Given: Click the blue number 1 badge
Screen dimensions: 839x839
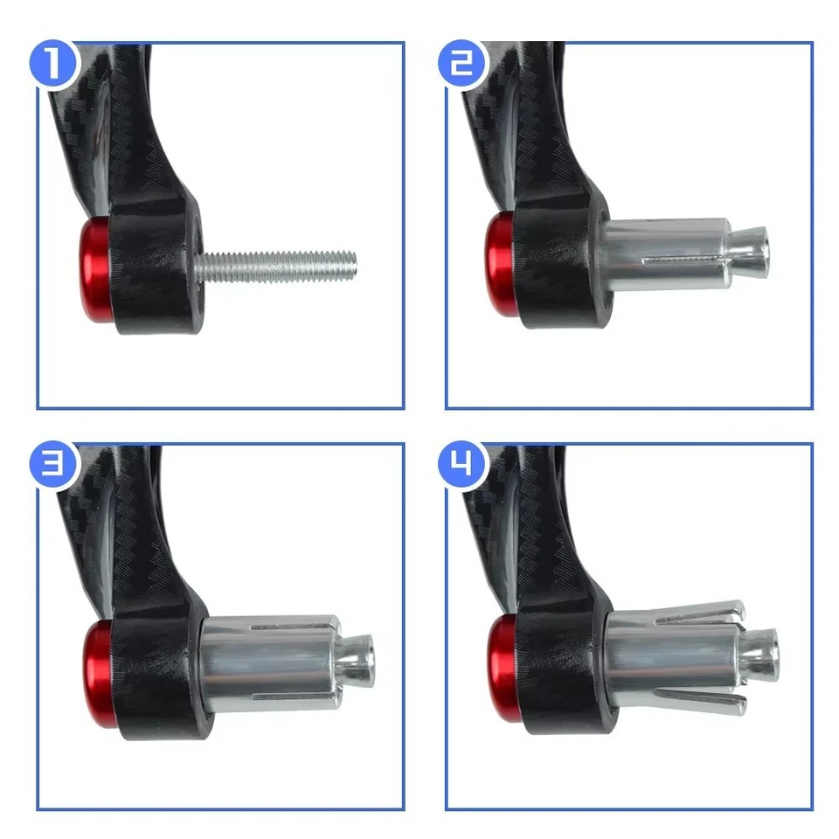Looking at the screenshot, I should pyautogui.click(x=53, y=63).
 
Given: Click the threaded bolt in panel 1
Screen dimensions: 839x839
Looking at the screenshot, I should pyautogui.click(x=280, y=263).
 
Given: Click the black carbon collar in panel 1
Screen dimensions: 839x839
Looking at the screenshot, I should pyautogui.click(x=157, y=271).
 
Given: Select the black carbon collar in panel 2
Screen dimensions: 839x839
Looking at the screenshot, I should pyautogui.click(x=559, y=262).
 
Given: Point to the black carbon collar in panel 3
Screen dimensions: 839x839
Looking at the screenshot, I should pyautogui.click(x=157, y=673).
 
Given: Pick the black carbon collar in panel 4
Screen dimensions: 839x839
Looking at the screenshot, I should pyautogui.click(x=559, y=669).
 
